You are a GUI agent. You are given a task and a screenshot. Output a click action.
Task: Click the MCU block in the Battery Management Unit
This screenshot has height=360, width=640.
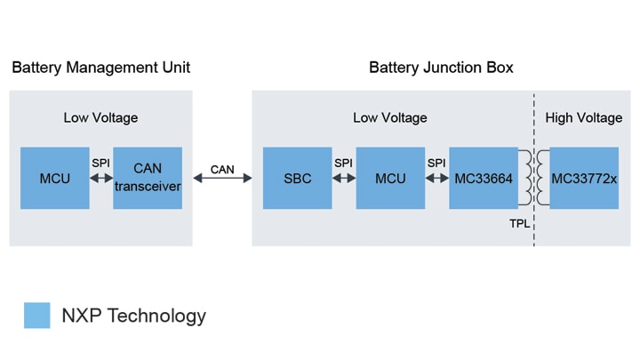click(x=54, y=179)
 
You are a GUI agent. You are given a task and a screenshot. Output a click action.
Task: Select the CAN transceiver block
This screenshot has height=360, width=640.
click(x=148, y=179)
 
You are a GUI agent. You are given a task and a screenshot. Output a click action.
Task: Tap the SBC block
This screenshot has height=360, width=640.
click(x=298, y=179)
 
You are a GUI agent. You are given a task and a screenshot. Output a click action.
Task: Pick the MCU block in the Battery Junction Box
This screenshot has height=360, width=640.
click(x=390, y=179)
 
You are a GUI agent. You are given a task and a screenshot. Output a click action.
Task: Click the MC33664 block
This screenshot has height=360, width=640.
click(x=483, y=179)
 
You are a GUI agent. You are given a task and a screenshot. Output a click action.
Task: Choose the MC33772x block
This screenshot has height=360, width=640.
click(x=584, y=179)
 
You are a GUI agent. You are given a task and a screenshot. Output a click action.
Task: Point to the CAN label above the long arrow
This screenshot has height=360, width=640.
click(x=222, y=169)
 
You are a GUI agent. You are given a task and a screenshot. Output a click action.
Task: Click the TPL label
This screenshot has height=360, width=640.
click(x=519, y=223)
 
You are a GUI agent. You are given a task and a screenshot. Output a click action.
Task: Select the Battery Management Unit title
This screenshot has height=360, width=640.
click(x=100, y=68)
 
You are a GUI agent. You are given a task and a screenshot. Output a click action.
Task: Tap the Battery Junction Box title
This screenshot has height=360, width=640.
click(x=441, y=68)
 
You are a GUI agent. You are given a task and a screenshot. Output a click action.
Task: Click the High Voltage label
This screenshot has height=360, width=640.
click(x=583, y=117)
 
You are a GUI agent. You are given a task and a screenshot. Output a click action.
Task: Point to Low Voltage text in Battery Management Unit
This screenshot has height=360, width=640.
click(x=100, y=117)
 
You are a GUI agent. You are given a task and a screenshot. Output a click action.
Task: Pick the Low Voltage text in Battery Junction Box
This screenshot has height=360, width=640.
click(x=390, y=117)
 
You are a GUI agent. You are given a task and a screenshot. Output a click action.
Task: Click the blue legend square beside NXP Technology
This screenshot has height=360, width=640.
click(x=36, y=316)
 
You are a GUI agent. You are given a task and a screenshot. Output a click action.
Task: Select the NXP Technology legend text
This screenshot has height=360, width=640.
click(x=133, y=316)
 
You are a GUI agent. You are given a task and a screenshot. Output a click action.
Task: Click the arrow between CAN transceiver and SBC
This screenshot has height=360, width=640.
click(x=222, y=179)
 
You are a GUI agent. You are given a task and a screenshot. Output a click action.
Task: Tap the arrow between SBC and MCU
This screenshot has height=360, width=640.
click(x=344, y=179)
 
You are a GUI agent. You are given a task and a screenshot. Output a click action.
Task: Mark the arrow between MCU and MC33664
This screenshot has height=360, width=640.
click(x=436, y=179)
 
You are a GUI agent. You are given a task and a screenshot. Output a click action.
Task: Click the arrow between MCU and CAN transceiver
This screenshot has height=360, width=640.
click(x=101, y=179)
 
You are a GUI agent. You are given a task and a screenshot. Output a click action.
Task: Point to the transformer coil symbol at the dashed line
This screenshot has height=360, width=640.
click(x=534, y=179)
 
